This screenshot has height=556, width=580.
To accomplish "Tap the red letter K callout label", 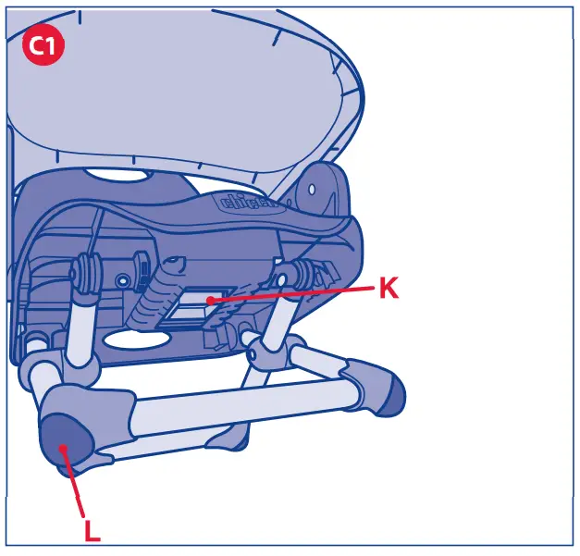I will pyautogui.click(x=389, y=289).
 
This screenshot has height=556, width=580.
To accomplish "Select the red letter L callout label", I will pyautogui.click(x=92, y=530).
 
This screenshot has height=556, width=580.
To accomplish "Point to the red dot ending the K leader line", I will pyautogui.click(x=211, y=300).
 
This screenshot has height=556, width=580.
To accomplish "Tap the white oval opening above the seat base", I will pyautogui.click(x=120, y=177).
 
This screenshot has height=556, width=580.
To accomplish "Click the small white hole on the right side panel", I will pyautogui.click(x=313, y=188).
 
